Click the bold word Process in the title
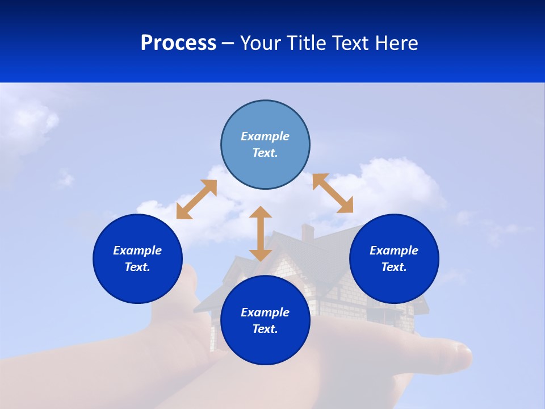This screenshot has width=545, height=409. click(178, 43)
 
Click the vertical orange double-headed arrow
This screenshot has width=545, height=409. click(261, 234)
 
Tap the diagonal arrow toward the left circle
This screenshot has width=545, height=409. click(196, 199)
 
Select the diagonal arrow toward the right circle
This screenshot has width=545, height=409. click(333, 193)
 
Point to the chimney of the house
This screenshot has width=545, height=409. click(308, 232)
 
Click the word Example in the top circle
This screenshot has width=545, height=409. click(265, 136)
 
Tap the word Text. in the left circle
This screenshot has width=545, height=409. click(137, 267)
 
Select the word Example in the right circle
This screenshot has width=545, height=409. click(394, 251)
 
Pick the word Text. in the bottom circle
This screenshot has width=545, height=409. click(265, 329)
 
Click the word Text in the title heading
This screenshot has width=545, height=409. click(350, 43)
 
